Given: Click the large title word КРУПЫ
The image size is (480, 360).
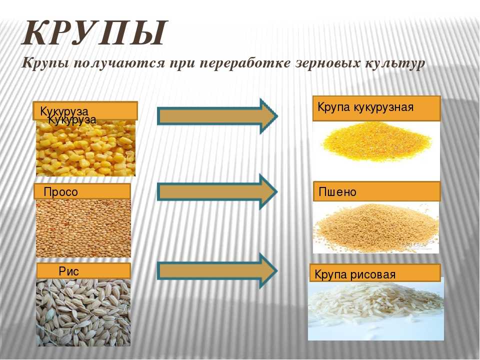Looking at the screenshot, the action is tap(95, 33).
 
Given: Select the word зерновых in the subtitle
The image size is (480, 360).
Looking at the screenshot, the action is tap(326, 63).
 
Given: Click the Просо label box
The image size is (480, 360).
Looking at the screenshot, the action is tap(82, 191).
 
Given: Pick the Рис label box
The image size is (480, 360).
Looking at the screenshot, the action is tap(83, 271).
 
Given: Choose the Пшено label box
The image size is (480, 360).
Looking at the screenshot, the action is tap(376, 191).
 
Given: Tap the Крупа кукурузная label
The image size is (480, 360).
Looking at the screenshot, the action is tap(376, 108).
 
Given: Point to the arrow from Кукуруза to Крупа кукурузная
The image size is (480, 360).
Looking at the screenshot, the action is tap(217, 116).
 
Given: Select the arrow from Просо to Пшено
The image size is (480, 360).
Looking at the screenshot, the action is tap(217, 192).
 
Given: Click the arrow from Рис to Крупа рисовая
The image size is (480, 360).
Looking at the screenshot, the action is tap(217, 271).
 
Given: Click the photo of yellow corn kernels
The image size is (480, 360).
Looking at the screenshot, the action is tap(85, 148).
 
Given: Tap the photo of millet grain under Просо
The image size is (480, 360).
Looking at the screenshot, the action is tap(83, 228).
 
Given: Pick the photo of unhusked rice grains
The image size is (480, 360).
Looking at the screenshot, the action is tap(83, 312).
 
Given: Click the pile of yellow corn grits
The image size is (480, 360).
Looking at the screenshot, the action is tap(376, 142).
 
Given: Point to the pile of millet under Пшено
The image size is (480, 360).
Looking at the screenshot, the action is tap(376, 228).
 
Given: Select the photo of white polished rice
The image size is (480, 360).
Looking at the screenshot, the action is tap(376, 309).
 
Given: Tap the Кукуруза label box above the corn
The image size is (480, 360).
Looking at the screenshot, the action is tap(85, 110).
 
